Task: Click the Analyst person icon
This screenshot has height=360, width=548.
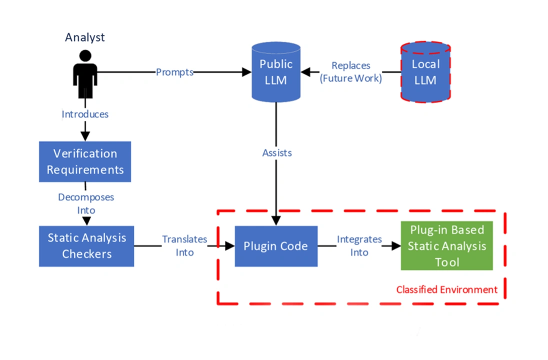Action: pos(85,73)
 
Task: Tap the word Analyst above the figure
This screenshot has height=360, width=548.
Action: pos(85,37)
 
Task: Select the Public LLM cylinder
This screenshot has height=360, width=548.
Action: pos(276,72)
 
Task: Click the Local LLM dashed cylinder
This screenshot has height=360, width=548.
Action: pos(425,72)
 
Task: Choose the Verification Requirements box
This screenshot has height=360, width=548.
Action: pos(85,161)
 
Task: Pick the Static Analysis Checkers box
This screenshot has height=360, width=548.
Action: pos(86,245)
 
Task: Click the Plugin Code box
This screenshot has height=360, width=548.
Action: pos(276,246)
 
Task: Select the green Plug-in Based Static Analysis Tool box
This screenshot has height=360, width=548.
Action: pos(446,245)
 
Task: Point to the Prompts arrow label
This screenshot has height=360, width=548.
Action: pos(174,72)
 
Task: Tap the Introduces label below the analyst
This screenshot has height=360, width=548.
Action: pos(85,114)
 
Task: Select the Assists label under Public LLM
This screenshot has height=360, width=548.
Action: pos(276,152)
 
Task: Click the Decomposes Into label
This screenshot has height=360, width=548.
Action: pos(86,203)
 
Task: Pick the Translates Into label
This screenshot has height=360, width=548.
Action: pos(184,245)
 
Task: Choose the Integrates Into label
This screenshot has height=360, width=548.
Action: pos(359,245)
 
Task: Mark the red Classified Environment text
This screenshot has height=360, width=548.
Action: pos(446,289)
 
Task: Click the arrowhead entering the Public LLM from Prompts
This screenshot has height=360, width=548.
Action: pos(246,72)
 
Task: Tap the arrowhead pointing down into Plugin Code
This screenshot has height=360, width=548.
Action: pos(276,220)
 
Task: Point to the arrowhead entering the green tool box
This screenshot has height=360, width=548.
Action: pos(396,246)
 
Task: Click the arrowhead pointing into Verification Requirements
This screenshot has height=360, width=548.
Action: pos(85,136)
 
